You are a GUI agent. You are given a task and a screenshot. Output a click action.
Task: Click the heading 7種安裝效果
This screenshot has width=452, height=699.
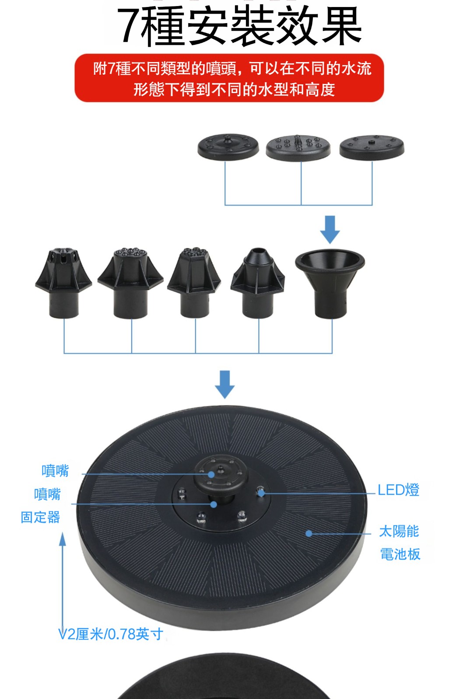pyautogui.click(x=239, y=26)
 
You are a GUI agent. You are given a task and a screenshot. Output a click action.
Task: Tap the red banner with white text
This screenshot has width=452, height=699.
pyautogui.click(x=229, y=78)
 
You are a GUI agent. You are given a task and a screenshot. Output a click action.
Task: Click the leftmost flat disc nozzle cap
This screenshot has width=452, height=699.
pyautogui.click(x=228, y=147)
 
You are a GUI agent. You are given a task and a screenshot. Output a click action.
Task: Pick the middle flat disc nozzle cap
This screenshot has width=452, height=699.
pyautogui.click(x=298, y=148)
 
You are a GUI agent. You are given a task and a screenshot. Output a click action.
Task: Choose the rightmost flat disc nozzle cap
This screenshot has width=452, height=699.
pyautogui.click(x=371, y=147)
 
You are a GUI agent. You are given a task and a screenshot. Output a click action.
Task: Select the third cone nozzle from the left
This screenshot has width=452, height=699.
pyautogui.click(x=194, y=282)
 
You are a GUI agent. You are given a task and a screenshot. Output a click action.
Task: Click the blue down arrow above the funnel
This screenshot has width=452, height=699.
pyautogui.click(x=330, y=230)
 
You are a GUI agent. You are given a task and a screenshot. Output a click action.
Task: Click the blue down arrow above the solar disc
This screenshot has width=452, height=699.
pyautogui.click(x=225, y=384)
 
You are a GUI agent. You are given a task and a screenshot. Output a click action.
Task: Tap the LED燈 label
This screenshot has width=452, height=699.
pyautogui.click(x=398, y=490)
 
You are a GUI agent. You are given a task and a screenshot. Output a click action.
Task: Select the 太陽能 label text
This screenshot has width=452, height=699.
pyautogui.click(x=399, y=531)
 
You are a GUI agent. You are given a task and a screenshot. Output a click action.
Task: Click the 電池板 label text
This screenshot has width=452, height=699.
pyautogui.click(x=400, y=554)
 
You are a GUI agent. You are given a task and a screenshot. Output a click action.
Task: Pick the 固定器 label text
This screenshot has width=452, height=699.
pyautogui.click(x=40, y=517)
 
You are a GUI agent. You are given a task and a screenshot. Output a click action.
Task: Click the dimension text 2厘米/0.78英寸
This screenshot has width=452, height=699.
pyautogui.click(x=115, y=634)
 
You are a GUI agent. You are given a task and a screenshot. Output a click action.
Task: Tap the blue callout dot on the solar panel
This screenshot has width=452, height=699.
pyautogui.click(x=309, y=533)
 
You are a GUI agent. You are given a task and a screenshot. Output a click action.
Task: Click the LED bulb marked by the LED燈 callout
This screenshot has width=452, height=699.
pyautogui.click(x=260, y=492)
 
